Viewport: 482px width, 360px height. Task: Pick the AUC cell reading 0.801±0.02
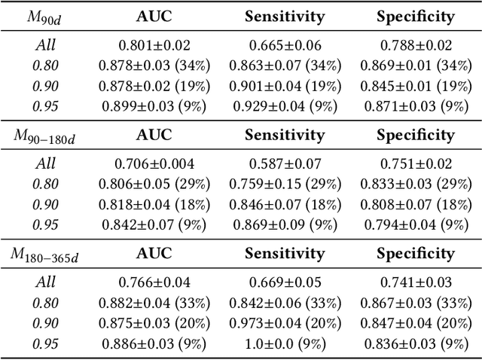point(154,45)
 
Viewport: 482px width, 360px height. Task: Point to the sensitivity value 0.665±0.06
point(285,45)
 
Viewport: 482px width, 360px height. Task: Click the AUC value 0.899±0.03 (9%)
point(154,106)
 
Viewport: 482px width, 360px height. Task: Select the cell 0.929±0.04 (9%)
point(285,106)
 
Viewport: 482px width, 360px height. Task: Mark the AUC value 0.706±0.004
point(154,164)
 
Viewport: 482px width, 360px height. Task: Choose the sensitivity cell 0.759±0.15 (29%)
point(285,184)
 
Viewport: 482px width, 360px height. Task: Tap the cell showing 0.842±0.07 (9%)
point(154,224)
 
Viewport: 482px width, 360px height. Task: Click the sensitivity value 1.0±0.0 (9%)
point(285,343)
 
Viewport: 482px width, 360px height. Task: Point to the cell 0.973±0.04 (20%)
point(285,323)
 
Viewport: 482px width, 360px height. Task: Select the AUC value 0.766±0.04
point(154,283)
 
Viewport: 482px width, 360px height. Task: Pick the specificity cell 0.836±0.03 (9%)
point(415,343)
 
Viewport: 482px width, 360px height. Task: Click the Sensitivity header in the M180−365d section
point(285,254)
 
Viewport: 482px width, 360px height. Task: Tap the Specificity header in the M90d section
point(415,16)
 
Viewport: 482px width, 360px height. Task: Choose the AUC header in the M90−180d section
point(154,135)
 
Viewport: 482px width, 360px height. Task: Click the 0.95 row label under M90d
point(45,106)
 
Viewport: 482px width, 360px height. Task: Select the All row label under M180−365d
point(45,283)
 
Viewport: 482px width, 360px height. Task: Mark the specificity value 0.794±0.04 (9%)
point(415,224)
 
